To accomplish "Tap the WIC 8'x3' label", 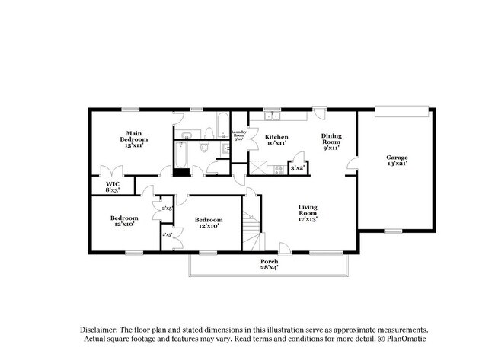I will [112, 186].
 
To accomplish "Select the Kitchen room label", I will [276, 139].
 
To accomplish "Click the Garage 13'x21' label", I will [397, 161].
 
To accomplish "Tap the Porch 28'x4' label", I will [270, 265].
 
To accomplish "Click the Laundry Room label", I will [238, 136].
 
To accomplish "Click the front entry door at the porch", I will [284, 248].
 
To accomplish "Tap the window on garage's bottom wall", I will [393, 231].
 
